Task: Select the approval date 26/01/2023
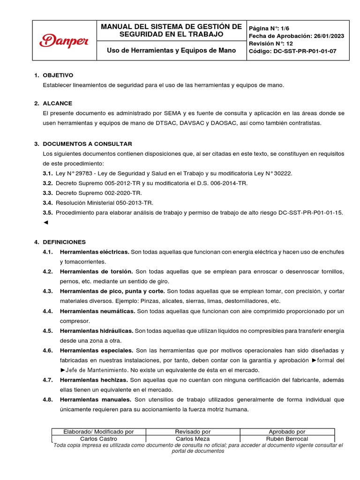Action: coord(328,36)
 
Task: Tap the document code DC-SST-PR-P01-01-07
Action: coord(305,52)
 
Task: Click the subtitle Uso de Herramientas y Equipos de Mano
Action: coord(171,50)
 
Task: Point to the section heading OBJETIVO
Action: coord(58,75)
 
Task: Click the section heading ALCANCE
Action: coord(57,103)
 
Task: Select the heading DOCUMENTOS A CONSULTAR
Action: coord(87,143)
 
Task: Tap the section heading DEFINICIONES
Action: coord(64,242)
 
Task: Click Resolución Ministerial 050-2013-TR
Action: coord(104,202)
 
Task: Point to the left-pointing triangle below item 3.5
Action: coord(45,222)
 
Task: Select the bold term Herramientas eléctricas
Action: coord(94,252)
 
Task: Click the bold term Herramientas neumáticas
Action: coord(97,311)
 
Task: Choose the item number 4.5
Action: coord(47,330)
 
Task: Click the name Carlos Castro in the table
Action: coord(98,439)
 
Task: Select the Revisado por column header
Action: coord(193,431)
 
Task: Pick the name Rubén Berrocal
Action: coord(287,439)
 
